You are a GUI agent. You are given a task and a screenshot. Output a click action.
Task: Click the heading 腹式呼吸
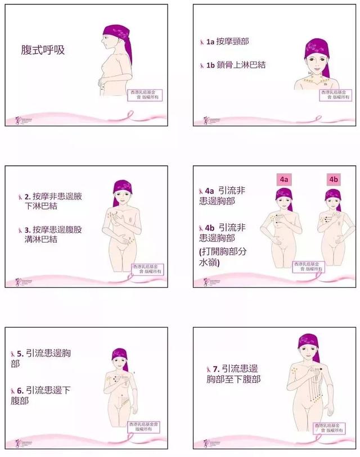(43, 50)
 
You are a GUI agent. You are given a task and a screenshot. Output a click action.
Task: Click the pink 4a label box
(283, 180)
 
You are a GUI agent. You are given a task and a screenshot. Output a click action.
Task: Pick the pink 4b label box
(333, 180)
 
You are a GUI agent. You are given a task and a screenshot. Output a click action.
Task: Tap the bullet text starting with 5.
(46, 358)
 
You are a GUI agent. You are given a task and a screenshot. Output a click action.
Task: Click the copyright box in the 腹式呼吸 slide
(142, 94)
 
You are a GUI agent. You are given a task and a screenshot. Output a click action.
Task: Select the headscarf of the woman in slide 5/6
(119, 354)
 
